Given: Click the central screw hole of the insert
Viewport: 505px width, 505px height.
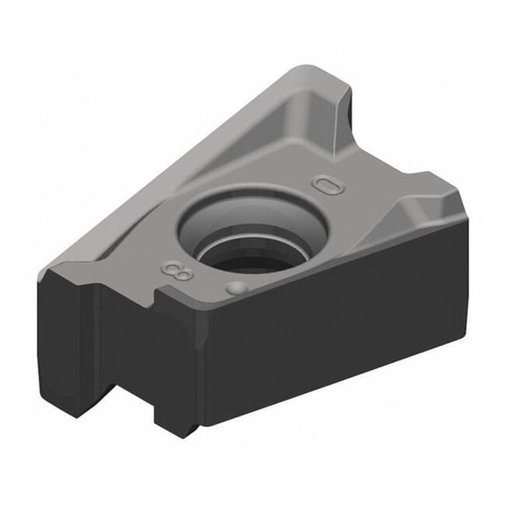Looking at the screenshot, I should pyautogui.click(x=252, y=234).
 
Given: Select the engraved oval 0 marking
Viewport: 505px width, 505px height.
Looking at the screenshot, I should pyautogui.click(x=328, y=185).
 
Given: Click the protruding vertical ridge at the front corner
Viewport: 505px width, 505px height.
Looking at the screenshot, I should pyautogui.click(x=180, y=351).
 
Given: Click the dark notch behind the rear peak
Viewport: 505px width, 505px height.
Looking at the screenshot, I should pyautogui.click(x=350, y=110).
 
